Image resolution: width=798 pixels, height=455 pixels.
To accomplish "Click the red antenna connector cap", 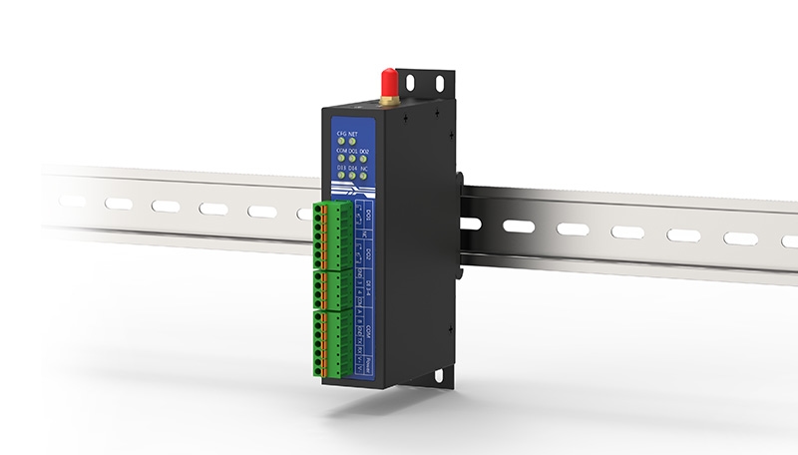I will point(388,80).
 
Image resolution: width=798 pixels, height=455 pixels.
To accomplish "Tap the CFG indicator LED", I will point(341,141).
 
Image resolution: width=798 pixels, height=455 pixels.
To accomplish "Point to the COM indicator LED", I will point(341,158).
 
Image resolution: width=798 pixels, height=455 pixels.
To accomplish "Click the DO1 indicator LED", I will point(353,158).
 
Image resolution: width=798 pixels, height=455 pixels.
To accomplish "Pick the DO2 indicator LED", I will point(365,158).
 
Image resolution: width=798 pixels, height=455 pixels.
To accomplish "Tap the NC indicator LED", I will point(366,176).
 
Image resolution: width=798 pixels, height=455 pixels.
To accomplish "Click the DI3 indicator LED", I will point(341,176).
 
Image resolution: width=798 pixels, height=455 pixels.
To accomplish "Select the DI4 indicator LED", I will point(353,176).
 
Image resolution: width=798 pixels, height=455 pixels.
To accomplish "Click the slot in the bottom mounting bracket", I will point(436,377).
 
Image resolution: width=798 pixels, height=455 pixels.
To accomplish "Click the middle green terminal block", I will point(333,290).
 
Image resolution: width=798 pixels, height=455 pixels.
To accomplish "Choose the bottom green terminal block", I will point(333,343).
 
